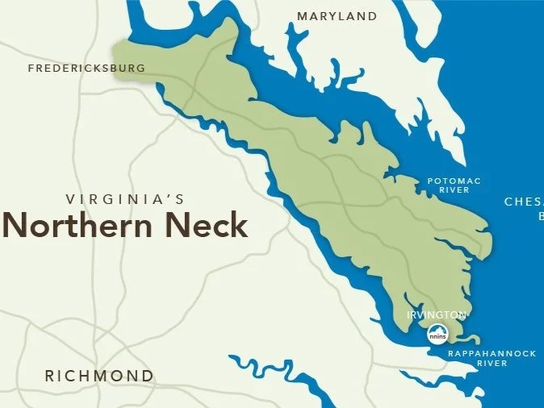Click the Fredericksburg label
click(86, 69)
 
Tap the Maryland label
click(337, 16)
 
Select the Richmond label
click(98, 376)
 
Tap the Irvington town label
click(437, 314)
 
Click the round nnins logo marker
click(437, 332)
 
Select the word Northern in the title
click(79, 225)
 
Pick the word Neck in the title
click(207, 225)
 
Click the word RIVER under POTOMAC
click(454, 191)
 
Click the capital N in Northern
click(17, 225)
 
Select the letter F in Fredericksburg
click(31, 69)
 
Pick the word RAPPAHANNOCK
click(480, 352)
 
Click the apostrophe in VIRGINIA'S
click(172, 196)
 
